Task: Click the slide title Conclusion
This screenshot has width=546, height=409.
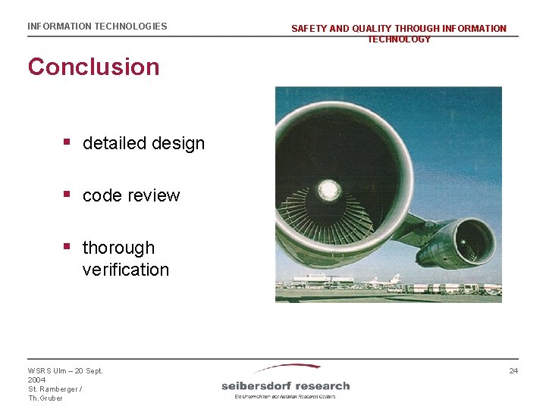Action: (x=93, y=67)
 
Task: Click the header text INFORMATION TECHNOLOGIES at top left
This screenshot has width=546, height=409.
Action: (x=97, y=27)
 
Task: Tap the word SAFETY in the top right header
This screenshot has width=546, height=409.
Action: (x=309, y=29)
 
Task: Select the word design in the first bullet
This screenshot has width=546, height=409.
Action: (x=177, y=143)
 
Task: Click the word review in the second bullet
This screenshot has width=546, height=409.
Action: (x=152, y=195)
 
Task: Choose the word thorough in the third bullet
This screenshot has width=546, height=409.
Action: (x=118, y=248)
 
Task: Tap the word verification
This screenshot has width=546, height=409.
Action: (x=125, y=270)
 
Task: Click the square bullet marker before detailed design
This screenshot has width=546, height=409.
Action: (x=67, y=142)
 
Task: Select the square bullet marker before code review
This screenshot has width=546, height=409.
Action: (x=67, y=194)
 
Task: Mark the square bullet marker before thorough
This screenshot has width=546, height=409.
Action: (x=67, y=246)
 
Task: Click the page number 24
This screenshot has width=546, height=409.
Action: (x=513, y=370)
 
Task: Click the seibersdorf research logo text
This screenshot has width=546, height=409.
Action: (x=285, y=386)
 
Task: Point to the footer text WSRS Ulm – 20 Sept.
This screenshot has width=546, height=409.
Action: (x=65, y=370)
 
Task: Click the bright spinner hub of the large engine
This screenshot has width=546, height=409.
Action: (x=328, y=189)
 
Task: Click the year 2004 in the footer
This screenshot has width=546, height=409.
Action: (x=37, y=380)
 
